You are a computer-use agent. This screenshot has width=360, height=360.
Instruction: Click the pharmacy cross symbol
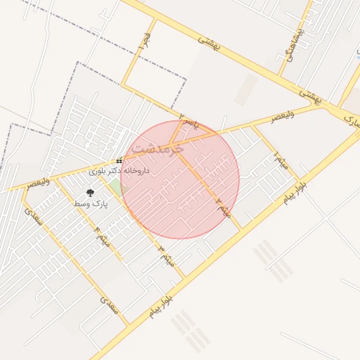tap(120, 160)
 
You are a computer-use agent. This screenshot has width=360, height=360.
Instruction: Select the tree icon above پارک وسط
tap(89, 192)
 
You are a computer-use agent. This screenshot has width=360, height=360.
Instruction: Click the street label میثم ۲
tap(223, 207)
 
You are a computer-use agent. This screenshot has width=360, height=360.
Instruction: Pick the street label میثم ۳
tap(166, 255)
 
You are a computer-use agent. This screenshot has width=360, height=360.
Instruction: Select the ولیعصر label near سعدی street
tap(39, 183)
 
